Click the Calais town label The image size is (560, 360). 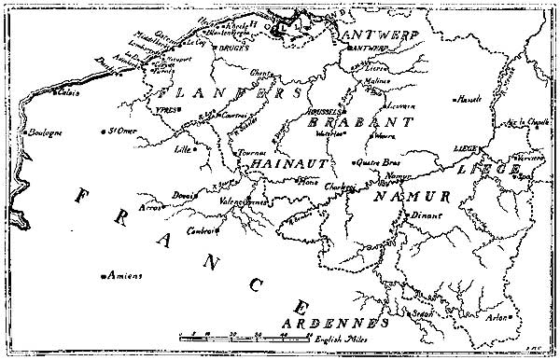point(67,92)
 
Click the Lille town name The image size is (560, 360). point(187,148)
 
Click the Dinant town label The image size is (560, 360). point(423,216)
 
